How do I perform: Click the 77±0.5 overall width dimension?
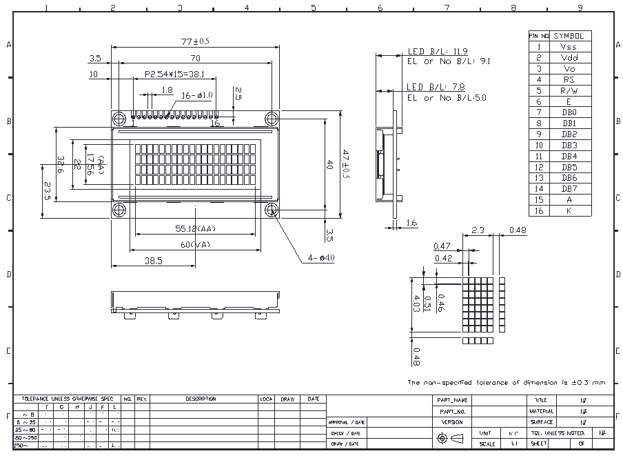pyautogui.click(x=196, y=41)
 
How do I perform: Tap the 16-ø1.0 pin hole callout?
pyautogui.click(x=197, y=95)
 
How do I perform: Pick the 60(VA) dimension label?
pyautogui.click(x=196, y=244)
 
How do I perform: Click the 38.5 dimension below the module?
pyautogui.click(x=153, y=261)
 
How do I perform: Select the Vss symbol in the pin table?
pyautogui.click(x=569, y=47)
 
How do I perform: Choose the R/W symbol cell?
pyautogui.click(x=569, y=90)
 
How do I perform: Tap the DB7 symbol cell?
pyautogui.click(x=569, y=189)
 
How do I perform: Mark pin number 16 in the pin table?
pyautogui.click(x=539, y=211)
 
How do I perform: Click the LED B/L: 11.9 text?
pyautogui.click(x=438, y=52)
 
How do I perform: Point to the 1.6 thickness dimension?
pyautogui.click(x=412, y=223)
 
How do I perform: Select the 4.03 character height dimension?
pyautogui.click(x=416, y=303)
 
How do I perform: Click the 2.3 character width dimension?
pyautogui.click(x=478, y=230)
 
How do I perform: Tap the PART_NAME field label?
pyautogui.click(x=452, y=400)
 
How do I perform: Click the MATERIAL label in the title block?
pyautogui.click(x=542, y=411)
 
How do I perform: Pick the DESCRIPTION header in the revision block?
pyautogui.click(x=201, y=399)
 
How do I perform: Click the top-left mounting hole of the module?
pyautogui.click(x=118, y=118)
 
